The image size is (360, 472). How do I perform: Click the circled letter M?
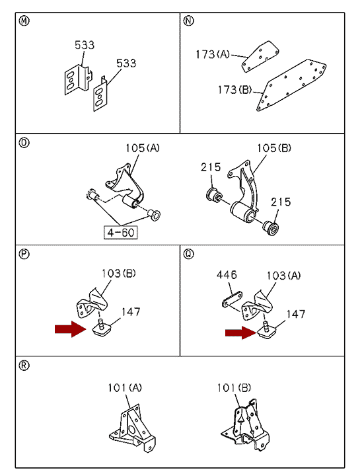coord(24,21)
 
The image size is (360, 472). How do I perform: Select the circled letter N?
coord(188,21)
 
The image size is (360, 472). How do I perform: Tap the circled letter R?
coord(24,366)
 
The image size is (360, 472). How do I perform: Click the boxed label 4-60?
coord(121,233)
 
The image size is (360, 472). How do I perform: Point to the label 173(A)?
coord(213,54)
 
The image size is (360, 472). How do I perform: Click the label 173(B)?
coord(234,89)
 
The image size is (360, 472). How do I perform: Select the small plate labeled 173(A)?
coord(260,57)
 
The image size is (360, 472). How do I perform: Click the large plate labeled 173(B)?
coord(291,85)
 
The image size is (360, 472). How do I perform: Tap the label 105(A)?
coord(143,148)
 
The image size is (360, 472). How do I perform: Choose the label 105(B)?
coord(274,148)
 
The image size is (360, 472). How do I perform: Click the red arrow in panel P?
coord(71,329)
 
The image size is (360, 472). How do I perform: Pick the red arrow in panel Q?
coord(241,333)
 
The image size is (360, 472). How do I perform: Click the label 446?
coord(227,274)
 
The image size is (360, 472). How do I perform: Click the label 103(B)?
coord(118,273)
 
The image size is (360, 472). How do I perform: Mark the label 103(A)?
coord(283,276)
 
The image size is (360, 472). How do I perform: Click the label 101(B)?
coord(234,387)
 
